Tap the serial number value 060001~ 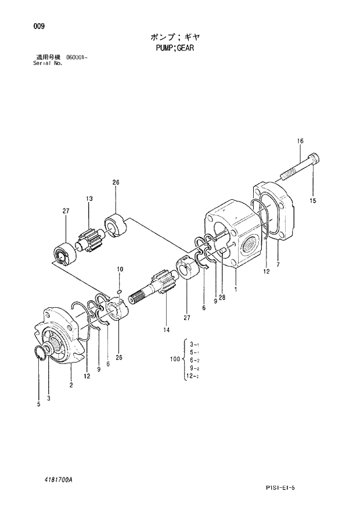(x=77, y=57)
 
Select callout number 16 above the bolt (x=301, y=141)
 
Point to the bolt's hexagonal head (x=312, y=159)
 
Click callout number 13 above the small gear (x=90, y=199)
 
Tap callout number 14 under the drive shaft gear (x=167, y=330)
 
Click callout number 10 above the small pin (x=120, y=269)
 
